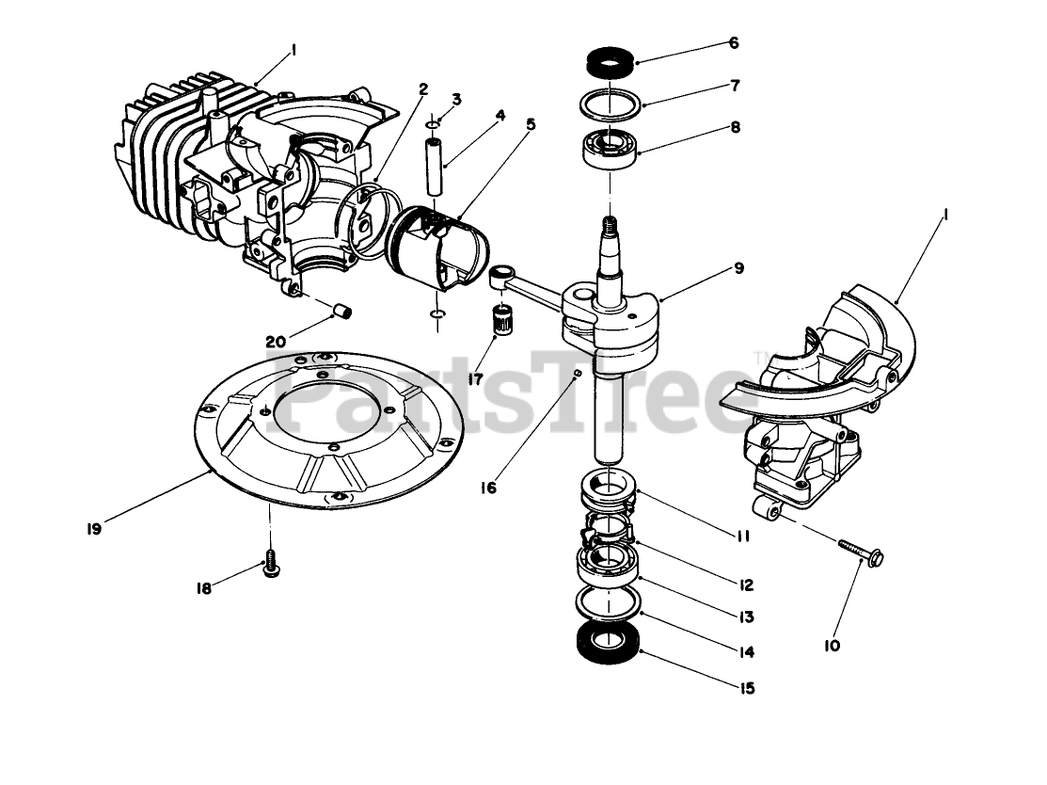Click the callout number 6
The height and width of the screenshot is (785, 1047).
click(734, 42)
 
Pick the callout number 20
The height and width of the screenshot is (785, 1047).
click(276, 342)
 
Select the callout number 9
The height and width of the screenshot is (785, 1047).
click(739, 268)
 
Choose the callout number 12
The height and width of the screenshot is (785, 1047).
click(746, 585)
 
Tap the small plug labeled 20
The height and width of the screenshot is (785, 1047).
click(344, 309)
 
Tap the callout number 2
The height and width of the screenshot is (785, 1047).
click(423, 89)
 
